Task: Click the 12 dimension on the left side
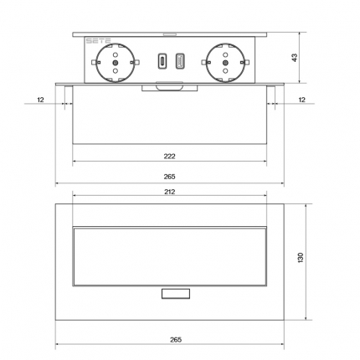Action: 40,100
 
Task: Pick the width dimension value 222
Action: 170,156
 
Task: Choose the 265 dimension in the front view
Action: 170,177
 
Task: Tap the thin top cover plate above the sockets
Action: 170,35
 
